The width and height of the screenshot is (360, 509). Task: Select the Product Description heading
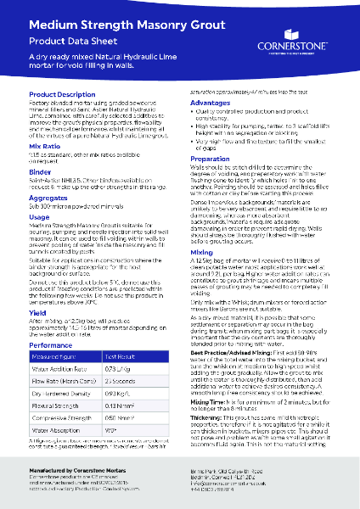coord(63,94)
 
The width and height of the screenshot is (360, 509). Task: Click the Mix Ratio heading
coord(45,146)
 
